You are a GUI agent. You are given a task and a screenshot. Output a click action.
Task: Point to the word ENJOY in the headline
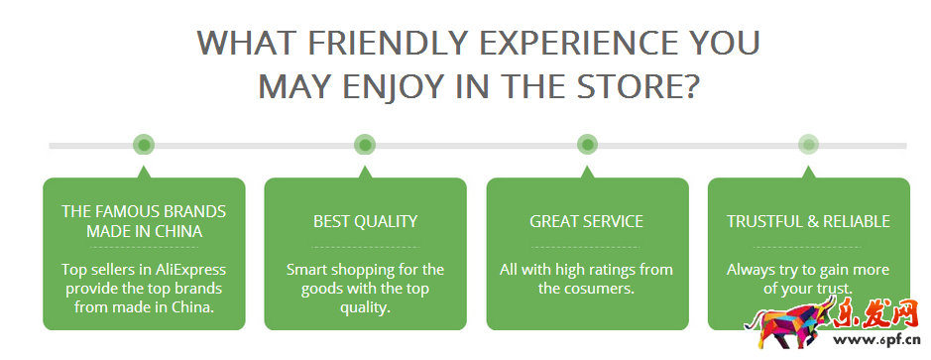tap(387, 86)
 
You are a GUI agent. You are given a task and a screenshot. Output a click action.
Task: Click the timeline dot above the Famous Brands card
tap(144, 145)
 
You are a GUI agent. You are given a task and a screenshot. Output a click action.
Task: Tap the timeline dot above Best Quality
tap(365, 145)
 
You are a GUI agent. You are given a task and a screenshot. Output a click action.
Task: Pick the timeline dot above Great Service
tap(587, 145)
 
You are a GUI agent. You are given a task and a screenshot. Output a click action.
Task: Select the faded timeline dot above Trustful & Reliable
tap(808, 145)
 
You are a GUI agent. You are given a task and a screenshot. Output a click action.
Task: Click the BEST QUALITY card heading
tap(365, 221)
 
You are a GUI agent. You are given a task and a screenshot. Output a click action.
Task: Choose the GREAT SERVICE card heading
tap(587, 221)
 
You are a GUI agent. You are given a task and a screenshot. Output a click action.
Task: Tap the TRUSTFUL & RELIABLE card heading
tap(808, 221)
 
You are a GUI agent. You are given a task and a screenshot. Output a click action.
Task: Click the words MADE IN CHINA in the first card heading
tap(145, 231)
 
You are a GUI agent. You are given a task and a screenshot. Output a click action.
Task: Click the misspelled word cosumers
tap(600, 290)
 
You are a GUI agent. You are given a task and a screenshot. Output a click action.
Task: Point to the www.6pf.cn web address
tap(878, 340)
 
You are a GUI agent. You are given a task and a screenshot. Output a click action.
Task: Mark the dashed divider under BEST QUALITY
tap(365, 247)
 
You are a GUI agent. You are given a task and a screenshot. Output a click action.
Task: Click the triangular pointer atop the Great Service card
tap(587, 173)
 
